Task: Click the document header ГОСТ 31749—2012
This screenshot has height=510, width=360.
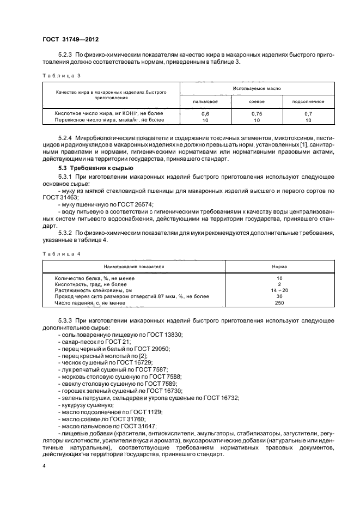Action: click(70, 39)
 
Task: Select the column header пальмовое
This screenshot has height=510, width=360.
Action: click(205, 101)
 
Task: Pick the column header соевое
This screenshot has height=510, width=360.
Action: click(257, 101)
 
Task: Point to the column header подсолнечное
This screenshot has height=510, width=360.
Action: click(308, 101)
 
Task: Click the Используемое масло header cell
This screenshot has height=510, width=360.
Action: click(257, 88)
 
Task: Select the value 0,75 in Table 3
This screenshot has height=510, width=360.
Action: click(257, 113)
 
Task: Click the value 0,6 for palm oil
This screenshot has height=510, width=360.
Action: click(205, 113)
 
